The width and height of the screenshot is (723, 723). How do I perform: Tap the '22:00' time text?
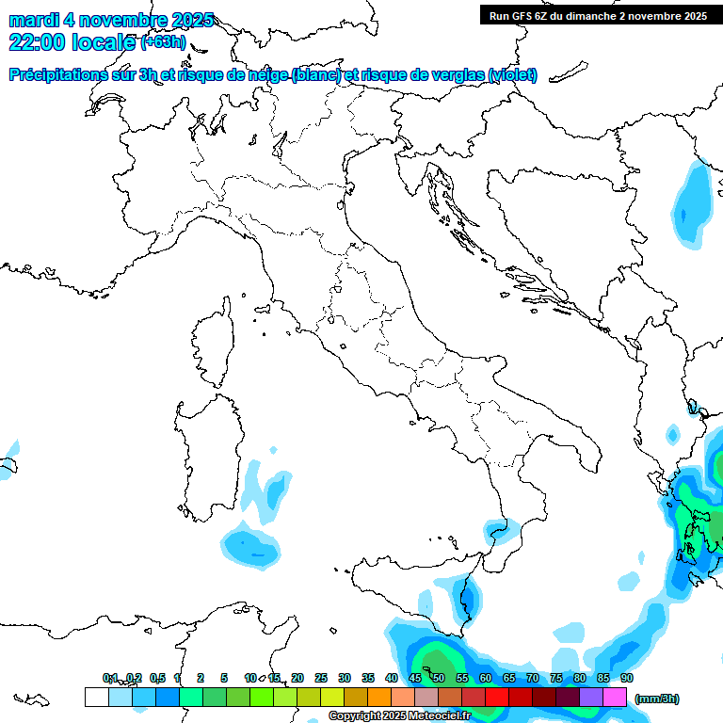click(x=37, y=41)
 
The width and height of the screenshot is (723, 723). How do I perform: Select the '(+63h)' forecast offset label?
click(x=163, y=42)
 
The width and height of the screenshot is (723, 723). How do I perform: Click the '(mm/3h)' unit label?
click(x=656, y=699)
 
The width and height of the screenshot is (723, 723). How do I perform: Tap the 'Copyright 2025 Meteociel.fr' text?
click(x=400, y=715)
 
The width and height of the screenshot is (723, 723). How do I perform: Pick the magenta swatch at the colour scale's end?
click(x=615, y=697)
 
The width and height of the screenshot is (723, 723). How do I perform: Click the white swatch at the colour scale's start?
click(x=96, y=697)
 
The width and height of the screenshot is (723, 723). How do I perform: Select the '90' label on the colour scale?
click(x=627, y=678)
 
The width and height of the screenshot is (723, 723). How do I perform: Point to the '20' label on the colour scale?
click(x=297, y=678)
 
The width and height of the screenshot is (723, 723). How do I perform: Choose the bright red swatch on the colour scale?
click(x=497, y=697)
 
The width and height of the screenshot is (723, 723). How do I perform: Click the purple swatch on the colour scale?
click(x=591, y=697)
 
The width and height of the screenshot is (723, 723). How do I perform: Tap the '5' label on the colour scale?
click(x=224, y=678)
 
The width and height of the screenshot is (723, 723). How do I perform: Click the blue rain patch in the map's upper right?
click(x=694, y=204)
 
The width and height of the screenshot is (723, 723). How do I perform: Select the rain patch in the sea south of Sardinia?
click(x=250, y=546)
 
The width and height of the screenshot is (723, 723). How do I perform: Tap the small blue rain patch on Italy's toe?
click(x=496, y=533)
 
